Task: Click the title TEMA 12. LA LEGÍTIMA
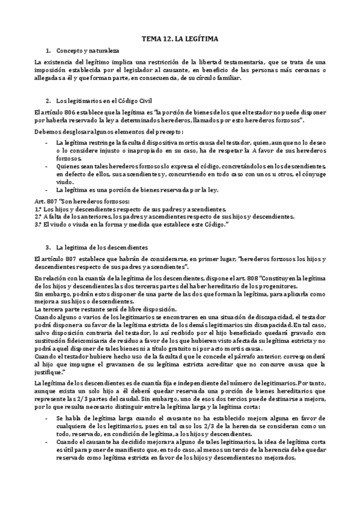[180, 39]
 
